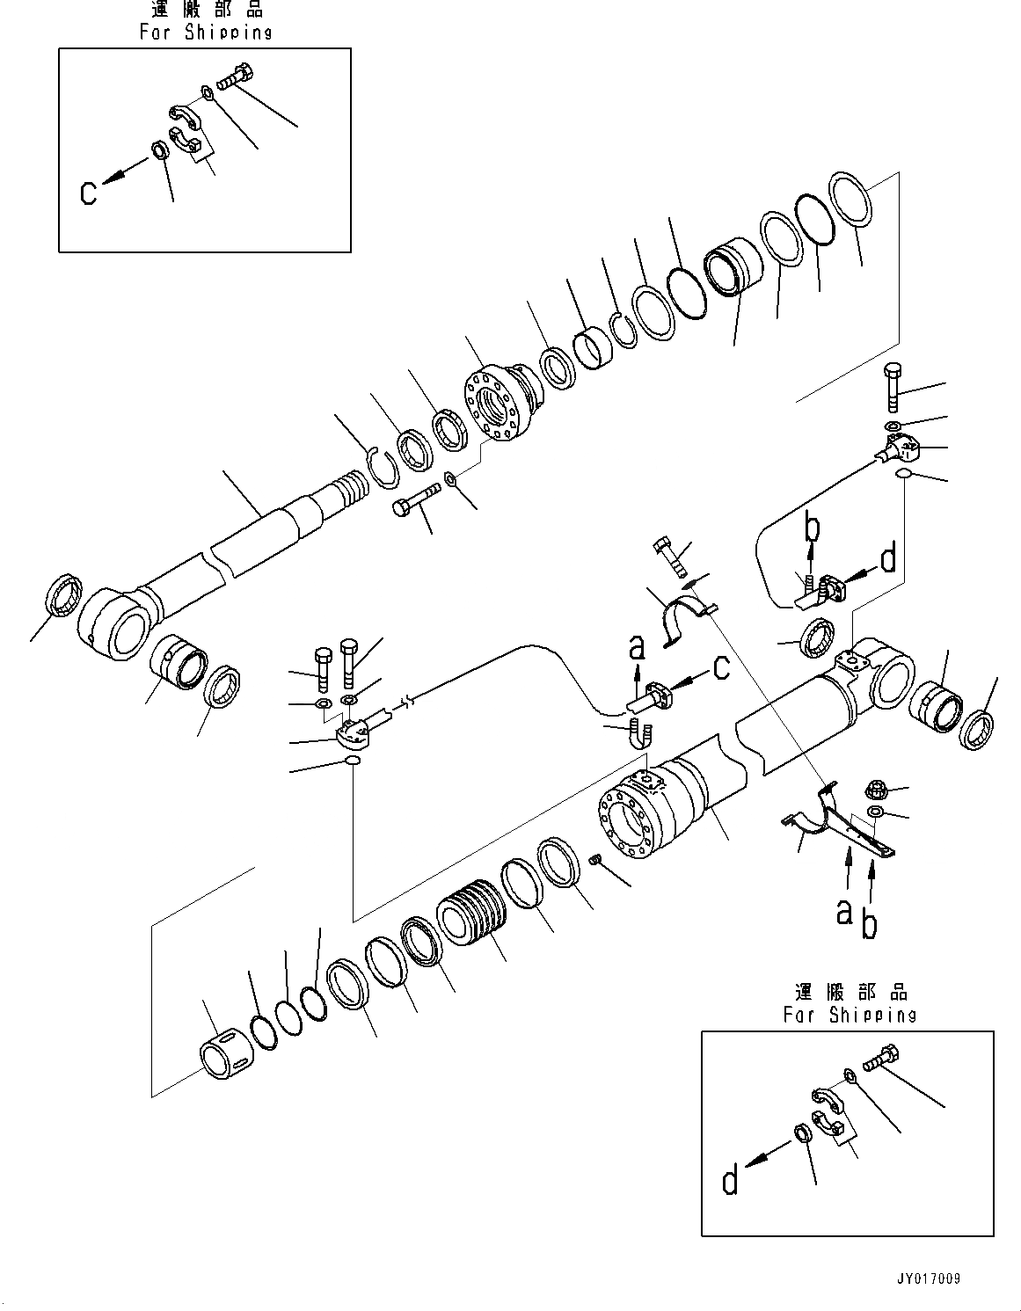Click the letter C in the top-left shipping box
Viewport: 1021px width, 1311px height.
[89, 192]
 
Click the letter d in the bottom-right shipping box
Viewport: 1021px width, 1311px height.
[730, 1181]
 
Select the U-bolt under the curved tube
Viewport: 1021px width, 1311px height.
[640, 732]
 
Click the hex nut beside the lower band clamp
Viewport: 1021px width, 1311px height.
[879, 790]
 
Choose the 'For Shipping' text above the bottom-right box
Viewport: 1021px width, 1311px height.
[850, 1015]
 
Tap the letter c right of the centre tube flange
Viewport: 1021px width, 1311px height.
[721, 668]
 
